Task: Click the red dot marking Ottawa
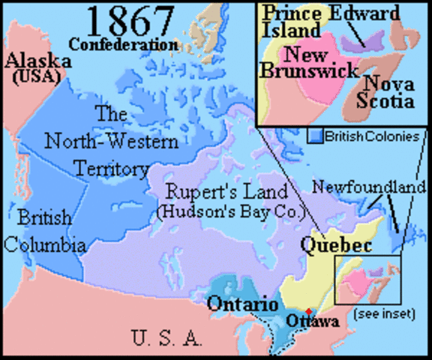click(x=309, y=310)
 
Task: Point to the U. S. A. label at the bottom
click(x=166, y=339)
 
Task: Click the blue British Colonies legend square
click(x=316, y=136)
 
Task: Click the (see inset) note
click(x=385, y=313)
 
